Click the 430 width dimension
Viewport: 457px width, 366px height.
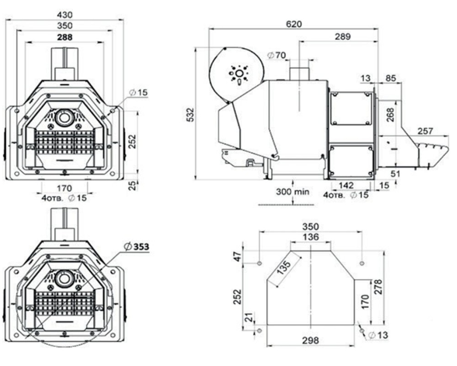tap(64, 15)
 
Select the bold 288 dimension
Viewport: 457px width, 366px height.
tap(64, 38)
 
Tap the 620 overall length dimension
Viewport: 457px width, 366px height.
tap(294, 24)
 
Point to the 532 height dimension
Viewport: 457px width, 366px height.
tap(190, 115)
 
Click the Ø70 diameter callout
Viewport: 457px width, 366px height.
tap(276, 55)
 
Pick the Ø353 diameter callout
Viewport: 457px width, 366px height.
tap(136, 247)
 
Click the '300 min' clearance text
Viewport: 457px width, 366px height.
tap(292, 192)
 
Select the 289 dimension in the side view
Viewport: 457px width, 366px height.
tap(342, 37)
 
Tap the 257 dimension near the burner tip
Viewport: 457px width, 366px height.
tap(425, 131)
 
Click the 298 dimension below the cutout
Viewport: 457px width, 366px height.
tap(310, 340)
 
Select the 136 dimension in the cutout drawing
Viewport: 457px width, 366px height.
tap(310, 237)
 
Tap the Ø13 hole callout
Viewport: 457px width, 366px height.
tap(378, 335)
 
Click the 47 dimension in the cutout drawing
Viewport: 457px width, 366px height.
tap(239, 257)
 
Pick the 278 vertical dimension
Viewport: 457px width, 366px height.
tap(378, 287)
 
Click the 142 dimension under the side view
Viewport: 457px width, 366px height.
tap(346, 185)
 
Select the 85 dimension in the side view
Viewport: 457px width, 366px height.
tap(391, 78)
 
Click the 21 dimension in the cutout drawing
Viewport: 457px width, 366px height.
tap(248, 317)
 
